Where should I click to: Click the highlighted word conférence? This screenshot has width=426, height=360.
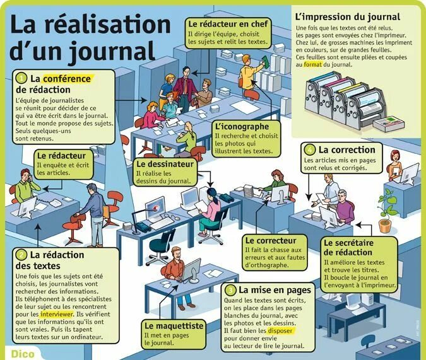pos(68,79)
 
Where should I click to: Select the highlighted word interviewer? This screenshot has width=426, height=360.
pos(56,313)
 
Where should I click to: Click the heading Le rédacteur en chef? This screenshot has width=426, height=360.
pos(228,24)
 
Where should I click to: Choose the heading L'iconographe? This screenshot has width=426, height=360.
pos(238,126)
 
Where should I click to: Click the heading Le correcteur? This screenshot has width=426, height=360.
pos(271,240)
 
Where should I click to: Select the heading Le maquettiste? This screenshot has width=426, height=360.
pos(174,326)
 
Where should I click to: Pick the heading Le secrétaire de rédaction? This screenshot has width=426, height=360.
pos(349,247)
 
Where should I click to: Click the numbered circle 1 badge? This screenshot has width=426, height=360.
pos(21,79)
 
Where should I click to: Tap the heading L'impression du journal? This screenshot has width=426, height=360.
pos(346,16)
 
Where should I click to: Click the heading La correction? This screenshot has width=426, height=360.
pos(346,150)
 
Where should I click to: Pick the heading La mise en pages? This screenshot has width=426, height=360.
pos(275,290)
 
